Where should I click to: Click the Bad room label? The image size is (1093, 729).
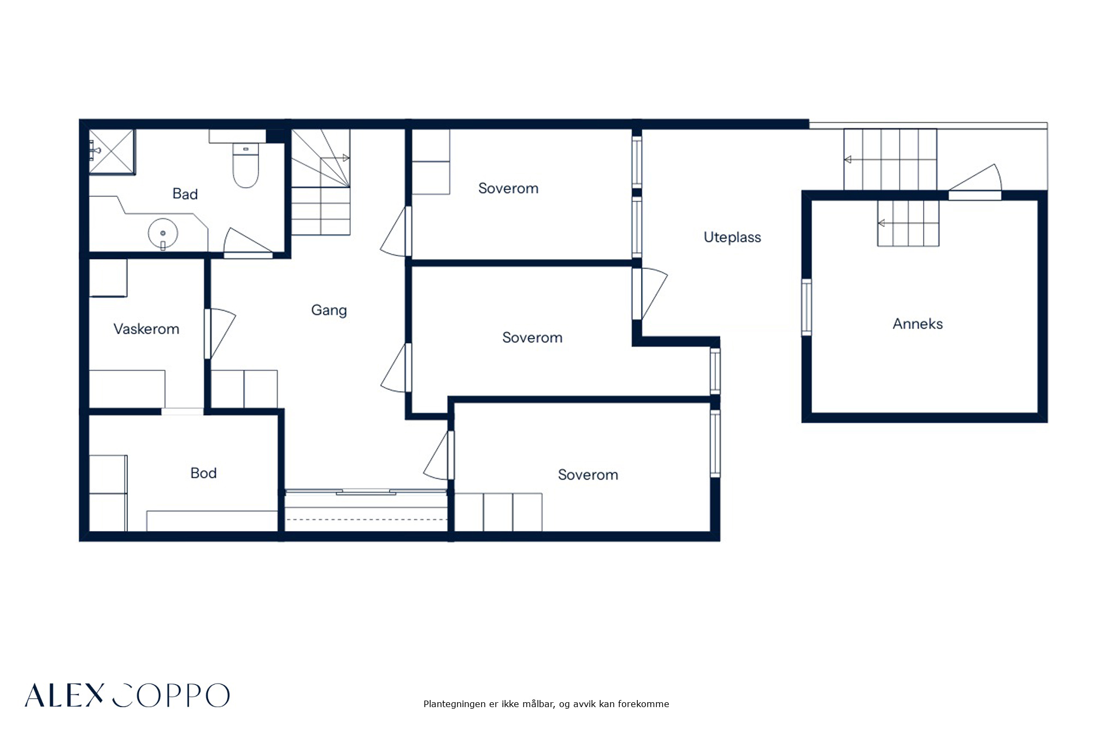(185, 194)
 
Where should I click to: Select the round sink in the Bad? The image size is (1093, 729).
(163, 234)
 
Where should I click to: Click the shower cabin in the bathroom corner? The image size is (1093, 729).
(112, 152)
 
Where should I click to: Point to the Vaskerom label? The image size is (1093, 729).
(146, 329)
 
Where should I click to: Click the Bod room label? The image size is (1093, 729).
(203, 473)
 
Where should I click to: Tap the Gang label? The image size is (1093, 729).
(329, 311)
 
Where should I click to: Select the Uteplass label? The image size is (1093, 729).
(732, 237)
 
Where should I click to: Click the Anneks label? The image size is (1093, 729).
(918, 324)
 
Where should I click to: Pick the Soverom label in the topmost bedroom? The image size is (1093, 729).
(508, 188)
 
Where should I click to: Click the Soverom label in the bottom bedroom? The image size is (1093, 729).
(588, 475)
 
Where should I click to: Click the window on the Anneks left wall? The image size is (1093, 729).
(806, 307)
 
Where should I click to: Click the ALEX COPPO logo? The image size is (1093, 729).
(127, 695)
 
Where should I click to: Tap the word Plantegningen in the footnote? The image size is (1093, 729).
(455, 704)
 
